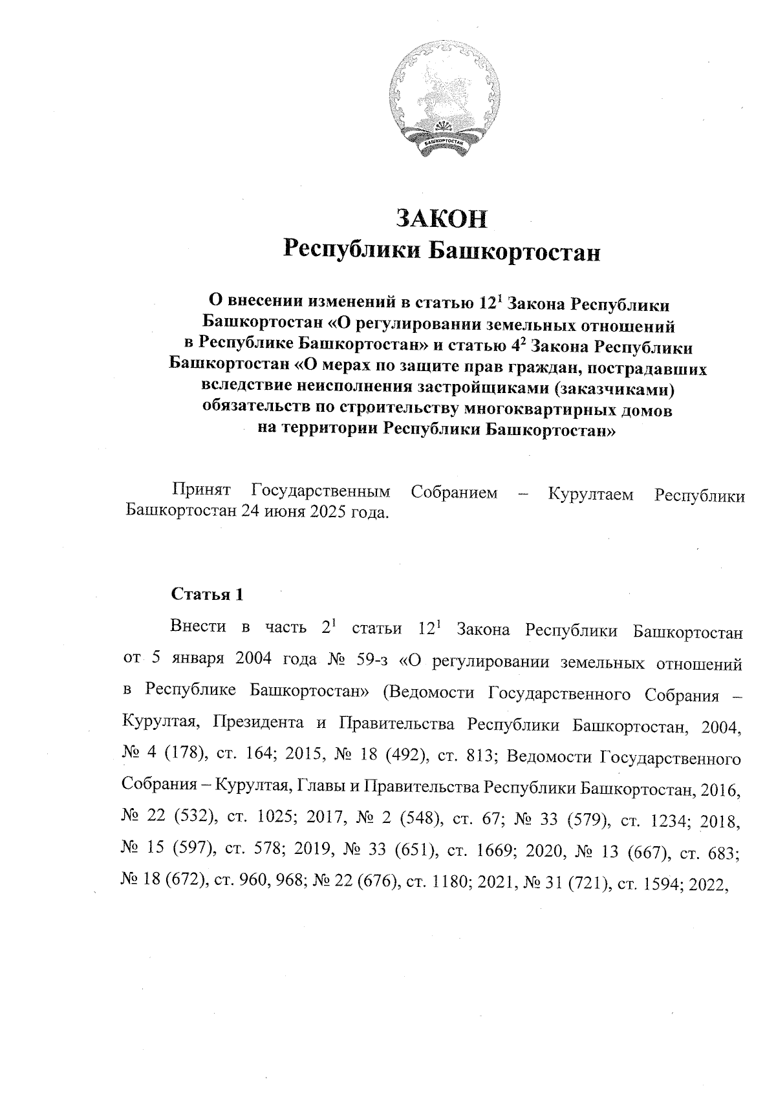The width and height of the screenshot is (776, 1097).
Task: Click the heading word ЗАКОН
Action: [442, 218]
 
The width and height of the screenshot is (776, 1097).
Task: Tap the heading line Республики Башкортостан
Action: [442, 251]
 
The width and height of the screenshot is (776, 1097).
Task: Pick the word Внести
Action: [198, 628]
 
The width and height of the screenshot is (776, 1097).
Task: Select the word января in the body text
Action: [195, 661]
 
